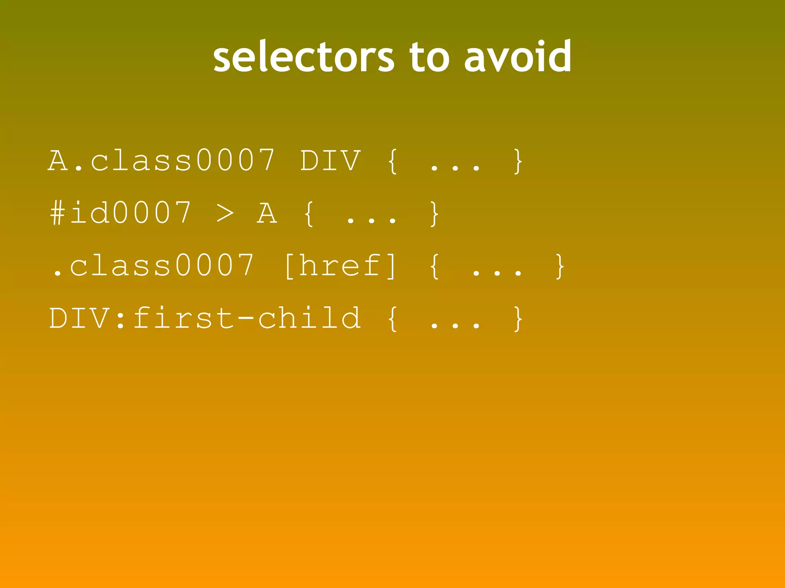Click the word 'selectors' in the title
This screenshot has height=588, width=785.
(303, 57)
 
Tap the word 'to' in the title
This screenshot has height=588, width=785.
(429, 57)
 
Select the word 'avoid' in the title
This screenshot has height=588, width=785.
(518, 57)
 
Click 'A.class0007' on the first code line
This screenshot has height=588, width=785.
(161, 160)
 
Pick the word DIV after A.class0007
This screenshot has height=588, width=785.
(330, 160)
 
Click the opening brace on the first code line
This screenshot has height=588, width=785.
(392, 161)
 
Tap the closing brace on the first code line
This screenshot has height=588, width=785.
(518, 161)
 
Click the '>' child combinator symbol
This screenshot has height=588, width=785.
(225, 214)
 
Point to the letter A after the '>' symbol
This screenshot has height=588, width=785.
(267, 213)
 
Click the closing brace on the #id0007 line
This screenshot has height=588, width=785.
(434, 214)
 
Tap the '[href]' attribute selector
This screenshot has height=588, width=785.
(340, 266)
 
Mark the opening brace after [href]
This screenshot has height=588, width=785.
(434, 266)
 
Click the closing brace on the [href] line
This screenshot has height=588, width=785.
(560, 266)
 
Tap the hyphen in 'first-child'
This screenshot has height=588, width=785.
(246, 318)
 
